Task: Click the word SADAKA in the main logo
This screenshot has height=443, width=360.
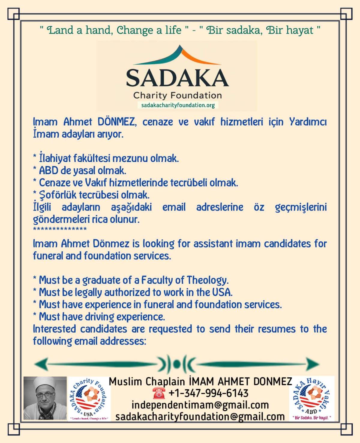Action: (x=177, y=78)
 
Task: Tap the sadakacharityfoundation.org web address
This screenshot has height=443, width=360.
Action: (x=178, y=105)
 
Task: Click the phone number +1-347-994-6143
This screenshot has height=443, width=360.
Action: (x=208, y=393)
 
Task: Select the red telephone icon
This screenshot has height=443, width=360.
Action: (x=159, y=393)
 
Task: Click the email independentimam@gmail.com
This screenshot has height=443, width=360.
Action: (x=200, y=405)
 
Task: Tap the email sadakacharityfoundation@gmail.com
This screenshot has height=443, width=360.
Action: (x=200, y=417)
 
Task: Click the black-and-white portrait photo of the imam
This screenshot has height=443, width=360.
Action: (x=45, y=398)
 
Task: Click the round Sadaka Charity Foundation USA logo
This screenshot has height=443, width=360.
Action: (x=89, y=398)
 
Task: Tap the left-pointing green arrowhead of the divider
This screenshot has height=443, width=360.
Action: (x=40, y=364)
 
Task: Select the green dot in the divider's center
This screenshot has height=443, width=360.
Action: (x=177, y=364)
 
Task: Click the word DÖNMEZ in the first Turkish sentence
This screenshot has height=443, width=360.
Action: (x=116, y=122)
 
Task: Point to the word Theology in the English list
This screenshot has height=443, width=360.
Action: (x=208, y=280)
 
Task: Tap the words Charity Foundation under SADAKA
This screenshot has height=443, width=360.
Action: (x=177, y=96)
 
